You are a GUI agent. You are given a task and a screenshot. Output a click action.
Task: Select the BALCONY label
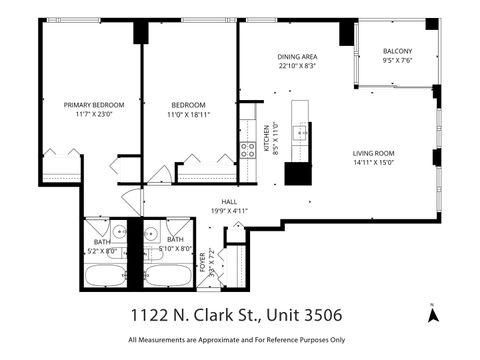pyautogui.click(x=397, y=51)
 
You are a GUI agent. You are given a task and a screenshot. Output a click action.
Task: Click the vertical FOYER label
pyautogui.click(x=203, y=262)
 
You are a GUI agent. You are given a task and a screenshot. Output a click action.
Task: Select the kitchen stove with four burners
pyautogui.click(x=246, y=151)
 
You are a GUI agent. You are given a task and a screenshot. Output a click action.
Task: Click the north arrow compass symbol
pyautogui.click(x=432, y=314)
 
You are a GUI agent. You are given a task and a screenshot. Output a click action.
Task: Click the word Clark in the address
pyautogui.click(x=207, y=315)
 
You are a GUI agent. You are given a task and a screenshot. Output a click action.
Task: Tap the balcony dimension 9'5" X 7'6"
pyautogui.click(x=397, y=61)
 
